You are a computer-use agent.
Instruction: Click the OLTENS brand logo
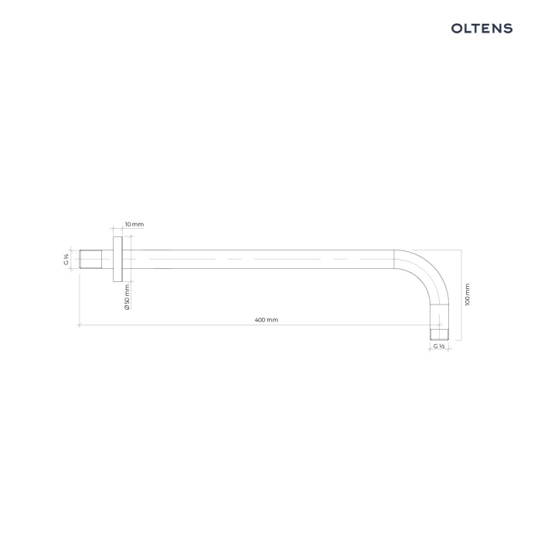[481, 29]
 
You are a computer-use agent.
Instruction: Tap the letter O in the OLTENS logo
[457, 29]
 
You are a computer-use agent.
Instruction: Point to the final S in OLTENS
[509, 29]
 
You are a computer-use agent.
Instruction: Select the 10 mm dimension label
[134, 224]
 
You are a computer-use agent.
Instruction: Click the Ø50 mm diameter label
[127, 297]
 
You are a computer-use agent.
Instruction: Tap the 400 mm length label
[267, 320]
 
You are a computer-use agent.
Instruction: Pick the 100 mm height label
[468, 294]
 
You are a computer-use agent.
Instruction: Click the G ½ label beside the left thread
[66, 259]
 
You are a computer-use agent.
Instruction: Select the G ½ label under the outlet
[439, 346]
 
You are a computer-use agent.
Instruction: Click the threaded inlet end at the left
[90, 259]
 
